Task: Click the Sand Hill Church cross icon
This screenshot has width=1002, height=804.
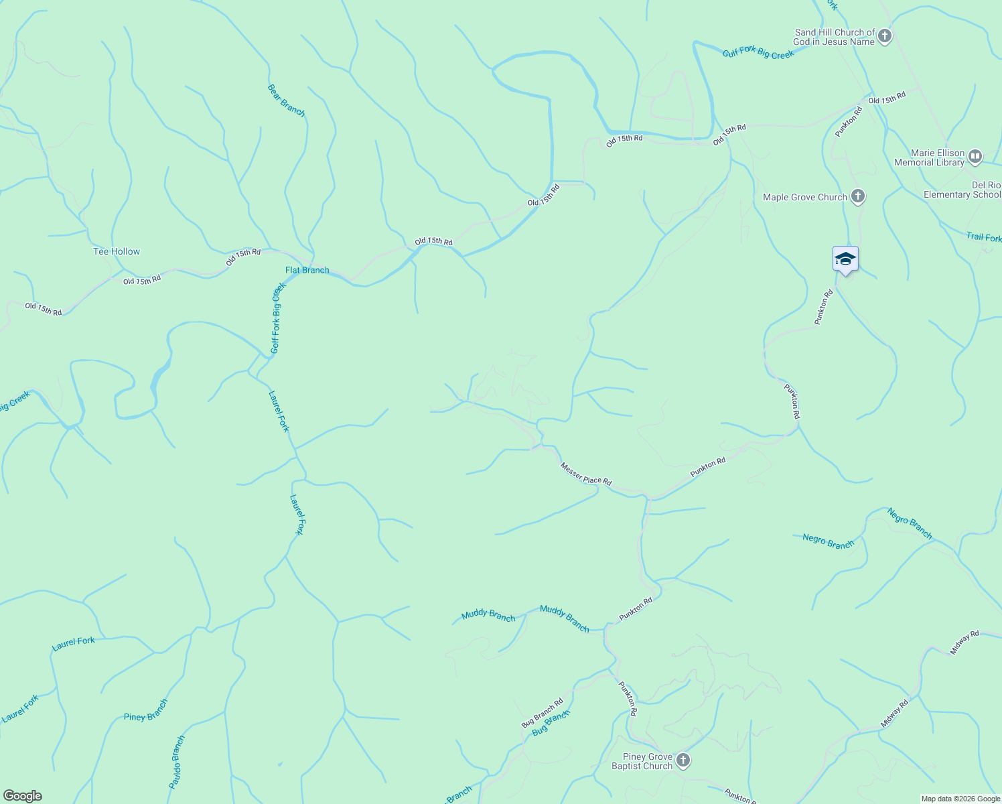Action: click(885, 36)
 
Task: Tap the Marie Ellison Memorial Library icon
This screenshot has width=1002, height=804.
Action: click(975, 157)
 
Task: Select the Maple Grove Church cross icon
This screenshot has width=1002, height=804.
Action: click(858, 196)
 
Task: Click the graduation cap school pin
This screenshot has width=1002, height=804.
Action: click(845, 259)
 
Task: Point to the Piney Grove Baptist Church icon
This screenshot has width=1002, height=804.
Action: click(683, 760)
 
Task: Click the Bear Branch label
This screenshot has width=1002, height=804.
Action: click(286, 100)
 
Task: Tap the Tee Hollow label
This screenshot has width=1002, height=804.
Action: click(117, 251)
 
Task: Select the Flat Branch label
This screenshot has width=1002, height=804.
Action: click(307, 270)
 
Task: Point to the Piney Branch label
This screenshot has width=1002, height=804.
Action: click(145, 710)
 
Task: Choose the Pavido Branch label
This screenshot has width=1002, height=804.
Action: click(176, 762)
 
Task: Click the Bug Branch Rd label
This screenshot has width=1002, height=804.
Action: click(542, 714)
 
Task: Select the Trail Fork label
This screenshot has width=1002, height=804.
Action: click(983, 237)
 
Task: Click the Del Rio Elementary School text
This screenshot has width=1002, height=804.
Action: click(962, 190)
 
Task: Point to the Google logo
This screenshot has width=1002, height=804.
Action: click(23, 796)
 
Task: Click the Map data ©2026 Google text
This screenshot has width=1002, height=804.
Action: click(960, 799)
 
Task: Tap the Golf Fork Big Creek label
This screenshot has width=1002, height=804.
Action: click(278, 318)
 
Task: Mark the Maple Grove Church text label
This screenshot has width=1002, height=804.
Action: click(804, 197)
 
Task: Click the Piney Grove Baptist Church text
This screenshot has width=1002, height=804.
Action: click(642, 761)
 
